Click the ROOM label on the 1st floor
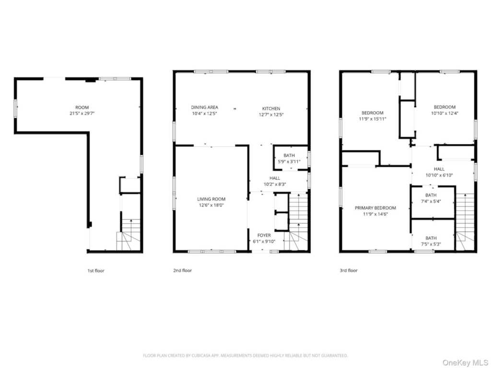pos(82,107)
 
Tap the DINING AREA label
pos(204,107)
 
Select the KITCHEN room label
pos(271,109)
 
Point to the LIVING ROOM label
pos(211,199)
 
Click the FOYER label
pos(264,235)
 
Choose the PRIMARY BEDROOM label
pos(375,208)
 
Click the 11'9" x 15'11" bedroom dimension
pos(373,119)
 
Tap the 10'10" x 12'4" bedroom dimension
pos(444,113)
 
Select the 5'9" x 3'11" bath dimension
pos(289,161)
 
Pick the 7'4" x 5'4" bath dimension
pos(431,202)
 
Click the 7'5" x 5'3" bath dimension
pos(431,244)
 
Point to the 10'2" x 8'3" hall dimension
pos(275,184)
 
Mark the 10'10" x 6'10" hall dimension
pos(439,175)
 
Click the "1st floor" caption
pos(96,271)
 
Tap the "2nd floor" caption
pos(183,270)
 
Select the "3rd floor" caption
pos(349,270)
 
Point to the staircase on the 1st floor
pos(129,235)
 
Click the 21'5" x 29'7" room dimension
pos(82,113)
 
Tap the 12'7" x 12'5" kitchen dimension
pos(271,115)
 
